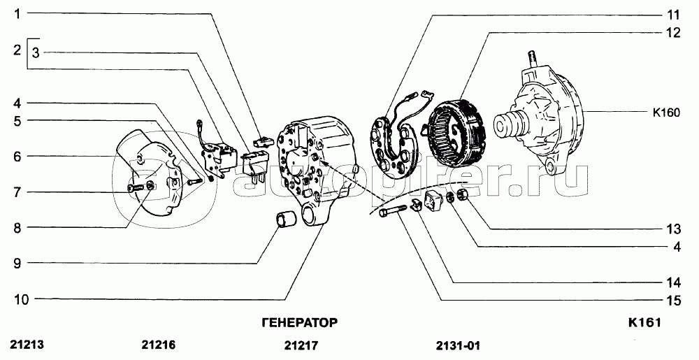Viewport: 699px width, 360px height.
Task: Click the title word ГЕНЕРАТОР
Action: pyautogui.click(x=299, y=323)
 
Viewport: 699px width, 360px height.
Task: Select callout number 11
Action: pyautogui.click(x=672, y=14)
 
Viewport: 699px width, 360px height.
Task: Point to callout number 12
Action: pyautogui.click(x=672, y=33)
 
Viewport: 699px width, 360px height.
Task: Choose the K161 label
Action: pyautogui.click(x=644, y=323)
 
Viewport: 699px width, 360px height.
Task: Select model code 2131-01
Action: pyautogui.click(x=458, y=345)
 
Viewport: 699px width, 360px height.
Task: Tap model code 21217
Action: pyautogui.click(x=301, y=345)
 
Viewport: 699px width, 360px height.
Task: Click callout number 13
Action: pyautogui.click(x=672, y=229)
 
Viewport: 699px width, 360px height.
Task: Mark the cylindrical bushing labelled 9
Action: pyautogui.click(x=284, y=219)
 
